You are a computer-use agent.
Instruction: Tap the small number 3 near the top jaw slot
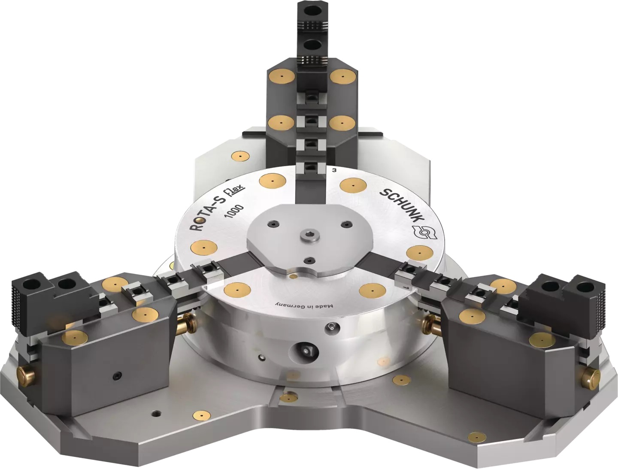[334, 170]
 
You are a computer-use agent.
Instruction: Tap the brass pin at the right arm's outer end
[591, 377]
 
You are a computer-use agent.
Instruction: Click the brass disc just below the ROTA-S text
[203, 248]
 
